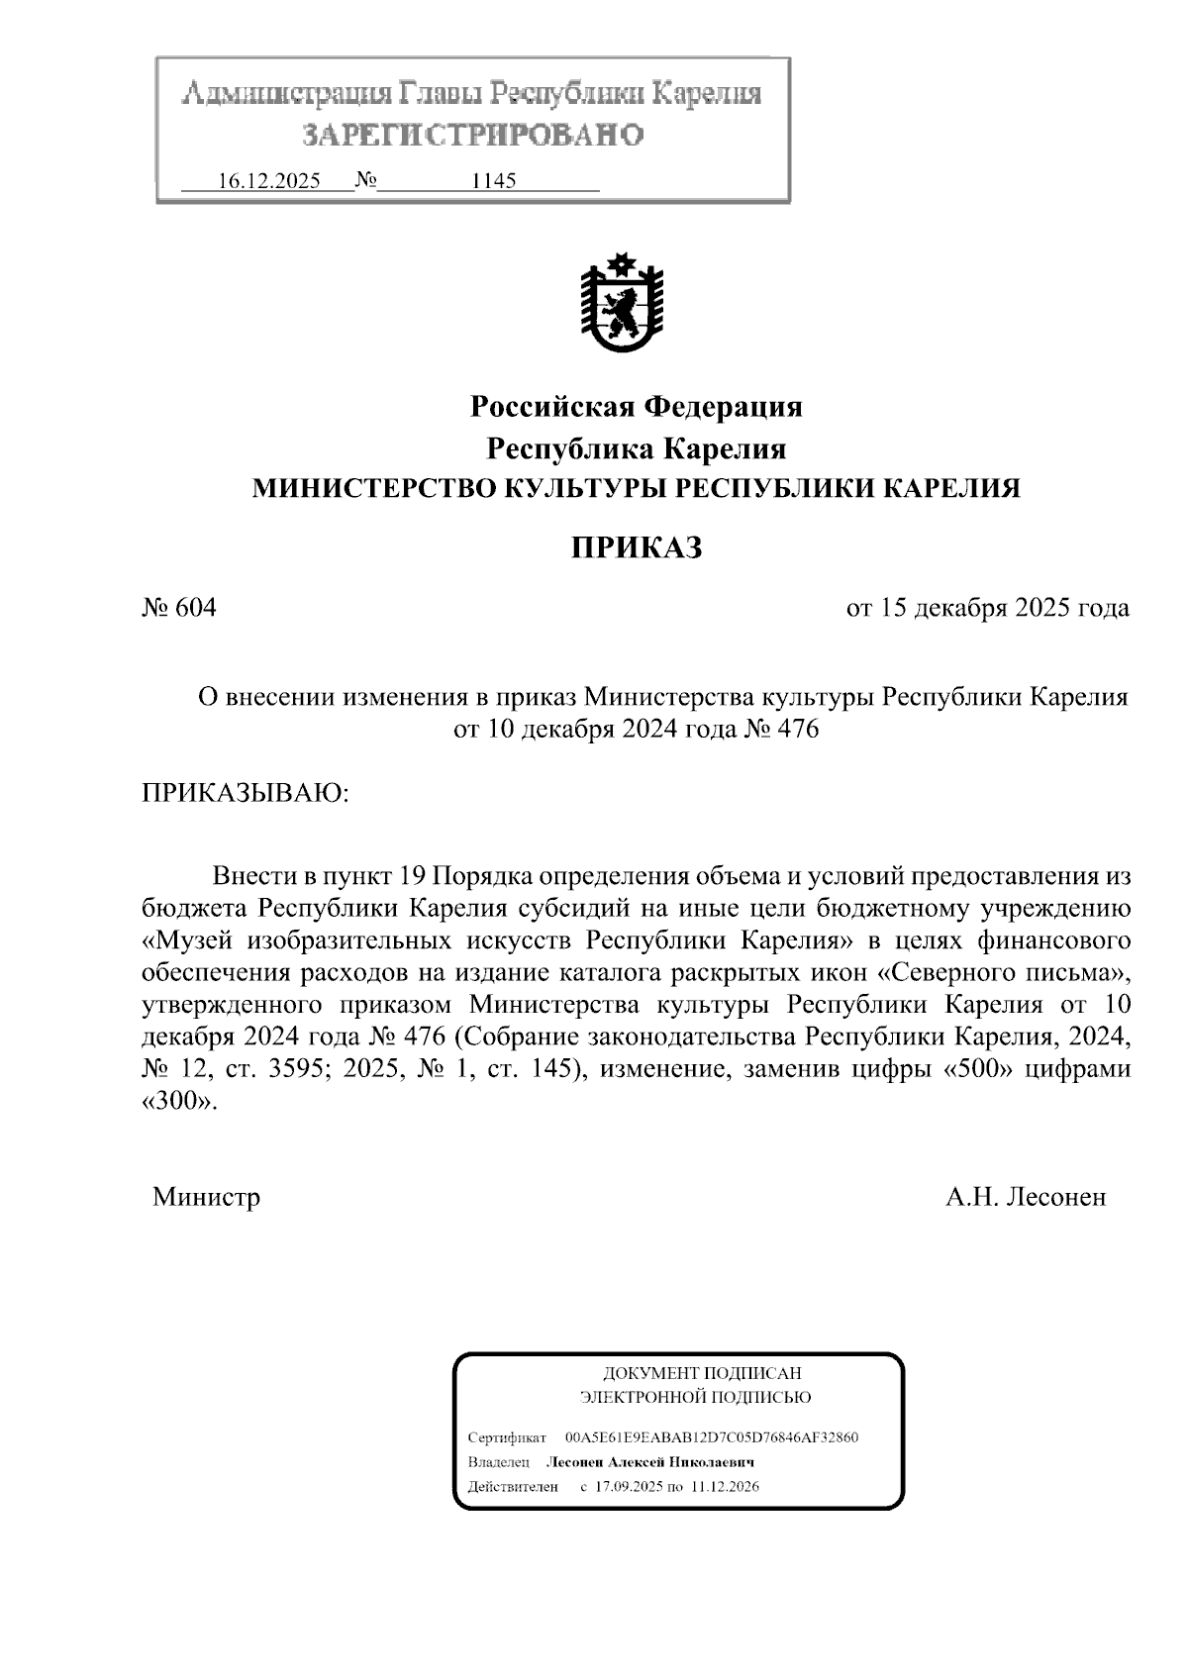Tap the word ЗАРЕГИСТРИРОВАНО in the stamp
472,135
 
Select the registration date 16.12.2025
268,182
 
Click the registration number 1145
494,182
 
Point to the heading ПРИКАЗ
636,547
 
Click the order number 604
195,608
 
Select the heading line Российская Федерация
636,406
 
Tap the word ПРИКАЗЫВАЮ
245,792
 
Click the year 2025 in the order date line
1042,608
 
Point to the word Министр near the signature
206,1197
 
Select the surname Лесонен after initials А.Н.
1055,1197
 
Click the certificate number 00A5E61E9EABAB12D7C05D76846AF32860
711,1436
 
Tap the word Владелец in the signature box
500,1462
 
